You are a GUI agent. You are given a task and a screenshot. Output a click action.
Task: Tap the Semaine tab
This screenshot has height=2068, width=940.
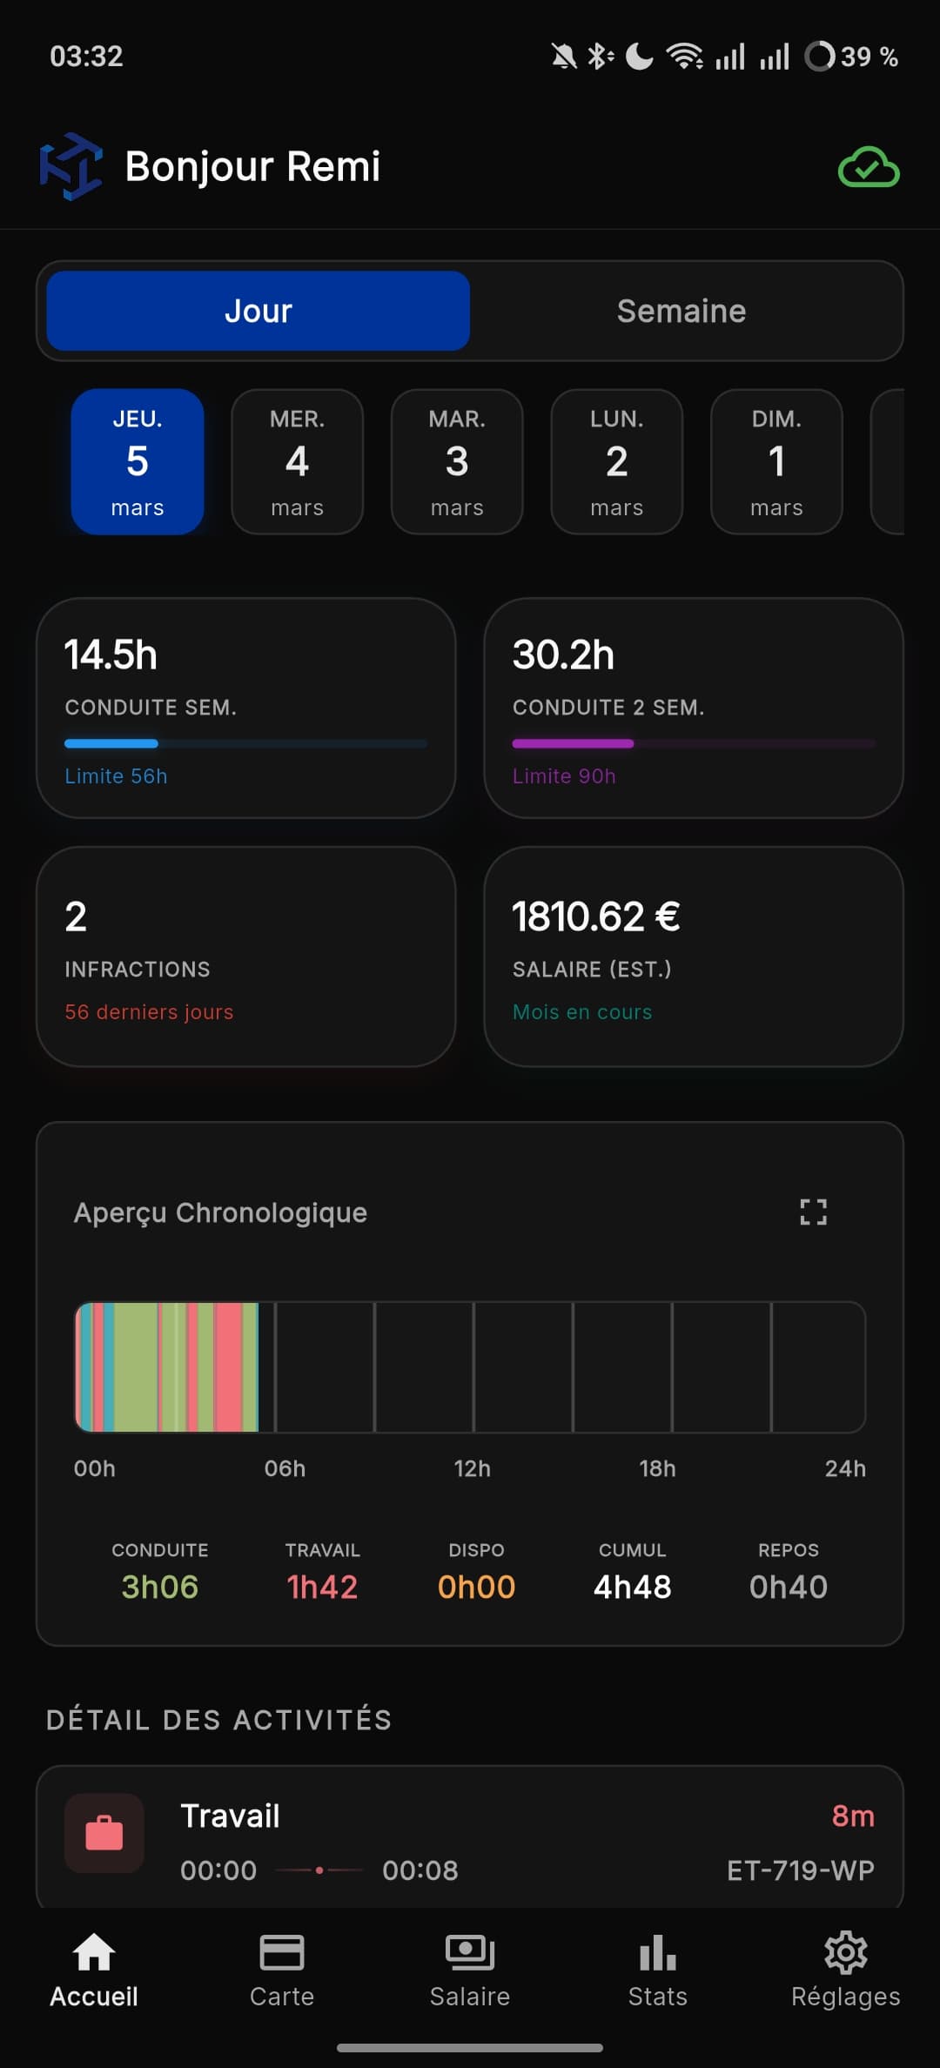pyautogui.click(x=681, y=311)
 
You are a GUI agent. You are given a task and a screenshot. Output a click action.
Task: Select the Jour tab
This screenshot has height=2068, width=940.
pyautogui.click(x=258, y=311)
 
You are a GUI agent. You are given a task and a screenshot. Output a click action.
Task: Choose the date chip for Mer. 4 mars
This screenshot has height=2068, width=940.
pyautogui.click(x=297, y=461)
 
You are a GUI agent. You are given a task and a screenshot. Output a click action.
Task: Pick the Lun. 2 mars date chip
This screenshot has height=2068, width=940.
pyautogui.click(x=616, y=461)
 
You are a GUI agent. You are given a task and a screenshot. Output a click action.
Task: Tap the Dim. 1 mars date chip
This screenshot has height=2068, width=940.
pyautogui.click(x=776, y=461)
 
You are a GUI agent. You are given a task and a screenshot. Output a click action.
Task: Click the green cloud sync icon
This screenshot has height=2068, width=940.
pyautogui.click(x=868, y=167)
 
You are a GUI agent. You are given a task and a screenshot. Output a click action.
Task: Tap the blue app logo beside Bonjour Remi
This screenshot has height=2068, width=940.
pyautogui.click(x=70, y=165)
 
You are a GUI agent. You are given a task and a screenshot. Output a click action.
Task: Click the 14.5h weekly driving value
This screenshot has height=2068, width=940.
pyautogui.click(x=111, y=655)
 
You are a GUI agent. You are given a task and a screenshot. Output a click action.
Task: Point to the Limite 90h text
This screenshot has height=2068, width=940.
pyautogui.click(x=564, y=775)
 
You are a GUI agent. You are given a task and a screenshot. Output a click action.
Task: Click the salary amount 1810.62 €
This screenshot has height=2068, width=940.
pyautogui.click(x=596, y=916)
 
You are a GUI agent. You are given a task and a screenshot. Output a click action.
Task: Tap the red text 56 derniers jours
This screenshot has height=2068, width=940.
pyautogui.click(x=149, y=1011)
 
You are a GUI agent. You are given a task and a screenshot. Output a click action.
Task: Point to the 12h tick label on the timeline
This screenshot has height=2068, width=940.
pyautogui.click(x=472, y=1468)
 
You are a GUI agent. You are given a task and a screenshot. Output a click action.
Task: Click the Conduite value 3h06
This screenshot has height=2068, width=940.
pyautogui.click(x=160, y=1587)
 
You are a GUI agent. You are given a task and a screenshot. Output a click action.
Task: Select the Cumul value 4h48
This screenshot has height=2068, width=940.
pyautogui.click(x=633, y=1587)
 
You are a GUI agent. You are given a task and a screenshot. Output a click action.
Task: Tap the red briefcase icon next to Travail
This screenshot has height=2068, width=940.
pyautogui.click(x=104, y=1832)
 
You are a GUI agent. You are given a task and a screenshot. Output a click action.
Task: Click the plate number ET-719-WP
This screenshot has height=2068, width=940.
pyautogui.click(x=801, y=1870)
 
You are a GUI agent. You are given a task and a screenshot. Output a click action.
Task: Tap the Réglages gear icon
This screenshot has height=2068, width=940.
pyautogui.click(x=845, y=1954)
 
